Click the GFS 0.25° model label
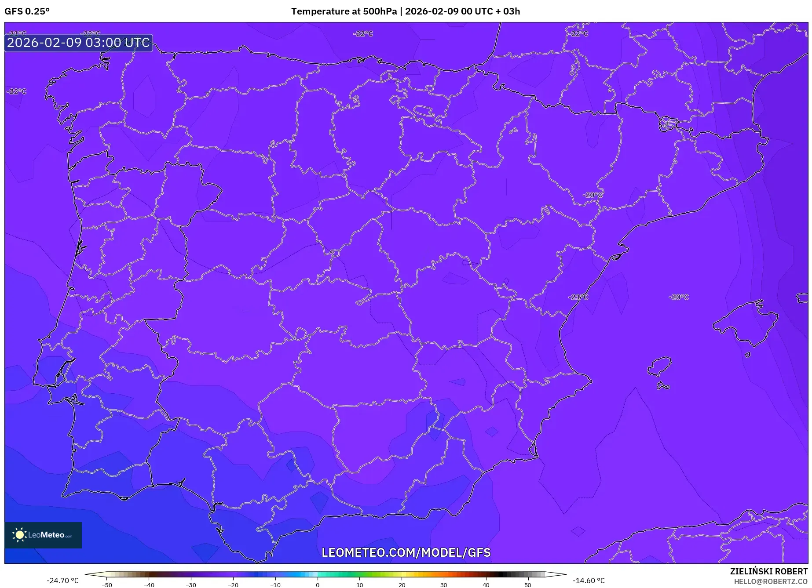[x=27, y=11]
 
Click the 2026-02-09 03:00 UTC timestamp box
[x=78, y=43]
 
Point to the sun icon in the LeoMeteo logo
[x=19, y=535]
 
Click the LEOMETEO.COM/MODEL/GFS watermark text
[x=406, y=552]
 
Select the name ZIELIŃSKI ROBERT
[x=768, y=572]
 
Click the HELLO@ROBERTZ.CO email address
[x=771, y=581]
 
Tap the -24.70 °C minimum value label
[x=62, y=581]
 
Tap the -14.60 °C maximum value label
[x=589, y=581]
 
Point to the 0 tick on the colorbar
[x=317, y=585]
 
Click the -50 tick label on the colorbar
[x=107, y=585]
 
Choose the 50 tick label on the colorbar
[x=527, y=585]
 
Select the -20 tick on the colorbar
[x=233, y=585]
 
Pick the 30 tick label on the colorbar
[x=443, y=585]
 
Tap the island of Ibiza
[x=660, y=366]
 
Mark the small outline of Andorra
[x=667, y=124]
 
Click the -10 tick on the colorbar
[x=275, y=585]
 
